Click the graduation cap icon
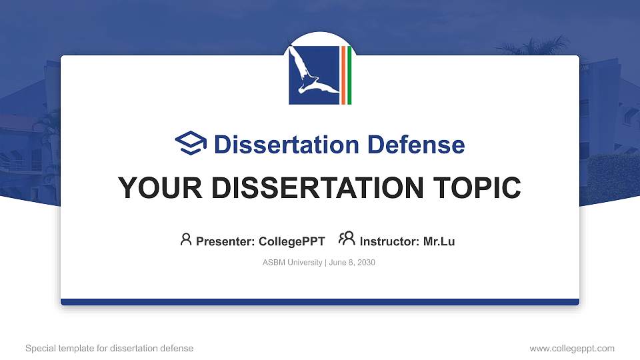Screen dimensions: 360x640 (x=191, y=143)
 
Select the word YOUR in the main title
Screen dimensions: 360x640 (x=154, y=188)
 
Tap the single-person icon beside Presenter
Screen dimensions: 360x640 (x=186, y=239)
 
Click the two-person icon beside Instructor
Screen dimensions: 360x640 (x=347, y=239)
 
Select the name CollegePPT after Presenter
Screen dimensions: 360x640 (x=291, y=241)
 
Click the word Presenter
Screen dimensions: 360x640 (x=225, y=241)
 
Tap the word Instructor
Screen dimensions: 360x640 (x=389, y=241)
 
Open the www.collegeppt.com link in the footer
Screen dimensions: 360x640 (x=571, y=349)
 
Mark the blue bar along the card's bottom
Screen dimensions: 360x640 (x=320, y=302)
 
